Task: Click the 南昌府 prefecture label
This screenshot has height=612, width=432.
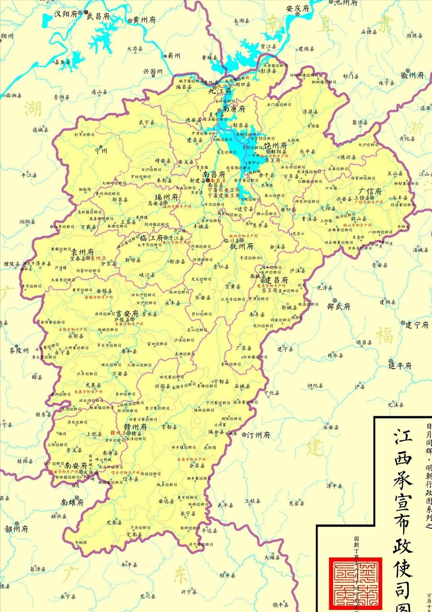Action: click(214, 174)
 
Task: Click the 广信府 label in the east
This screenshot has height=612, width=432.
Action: click(370, 191)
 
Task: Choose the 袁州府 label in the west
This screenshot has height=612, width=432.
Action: click(83, 252)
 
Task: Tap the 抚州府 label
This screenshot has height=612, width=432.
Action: click(242, 246)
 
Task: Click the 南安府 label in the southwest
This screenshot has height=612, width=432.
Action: click(76, 465)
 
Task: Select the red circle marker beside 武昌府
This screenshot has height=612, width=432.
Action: click(86, 13)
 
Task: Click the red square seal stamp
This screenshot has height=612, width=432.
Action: click(355, 583)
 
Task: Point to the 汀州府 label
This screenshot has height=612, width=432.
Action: click(259, 435)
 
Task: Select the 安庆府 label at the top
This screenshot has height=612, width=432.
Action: click(298, 8)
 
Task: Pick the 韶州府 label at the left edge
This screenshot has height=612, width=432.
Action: click(16, 529)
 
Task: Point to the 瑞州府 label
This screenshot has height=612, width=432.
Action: click(166, 197)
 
